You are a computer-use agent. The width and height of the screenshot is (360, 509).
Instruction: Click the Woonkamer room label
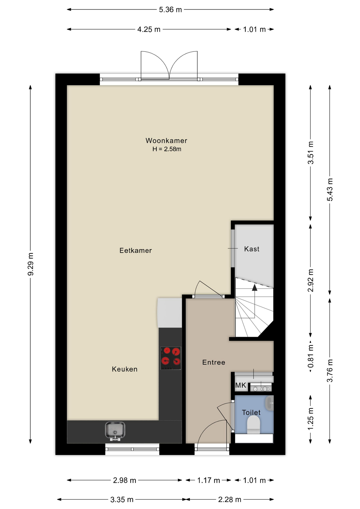[166, 141]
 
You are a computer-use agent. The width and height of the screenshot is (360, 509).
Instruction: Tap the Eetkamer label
[135, 251]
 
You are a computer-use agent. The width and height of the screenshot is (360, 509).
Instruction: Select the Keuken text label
[125, 369]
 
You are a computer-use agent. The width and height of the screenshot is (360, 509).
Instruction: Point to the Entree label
[214, 362]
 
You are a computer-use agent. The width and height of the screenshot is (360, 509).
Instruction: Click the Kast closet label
[252, 249]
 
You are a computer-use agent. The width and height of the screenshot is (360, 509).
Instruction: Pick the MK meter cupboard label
[241, 385]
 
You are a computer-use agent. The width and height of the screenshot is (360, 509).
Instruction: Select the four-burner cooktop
[171, 358]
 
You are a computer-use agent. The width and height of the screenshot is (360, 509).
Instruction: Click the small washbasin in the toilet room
[269, 403]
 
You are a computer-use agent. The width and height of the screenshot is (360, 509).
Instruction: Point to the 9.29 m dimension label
[30, 264]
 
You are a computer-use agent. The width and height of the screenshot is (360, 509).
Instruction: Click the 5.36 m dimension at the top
[170, 10]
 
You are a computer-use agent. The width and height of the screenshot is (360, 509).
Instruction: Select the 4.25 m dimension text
[149, 29]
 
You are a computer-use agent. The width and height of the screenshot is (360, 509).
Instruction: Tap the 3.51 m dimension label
[311, 153]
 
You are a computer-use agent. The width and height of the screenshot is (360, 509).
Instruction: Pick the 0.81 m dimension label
[311, 356]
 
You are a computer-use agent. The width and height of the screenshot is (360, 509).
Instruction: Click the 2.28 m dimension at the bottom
[230, 500]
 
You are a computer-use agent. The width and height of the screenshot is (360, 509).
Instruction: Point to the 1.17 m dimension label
[209, 480]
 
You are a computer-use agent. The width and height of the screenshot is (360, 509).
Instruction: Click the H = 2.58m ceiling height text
[167, 149]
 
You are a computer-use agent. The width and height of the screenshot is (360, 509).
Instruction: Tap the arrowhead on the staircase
[254, 287]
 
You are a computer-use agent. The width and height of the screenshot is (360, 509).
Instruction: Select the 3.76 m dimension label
[330, 371]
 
